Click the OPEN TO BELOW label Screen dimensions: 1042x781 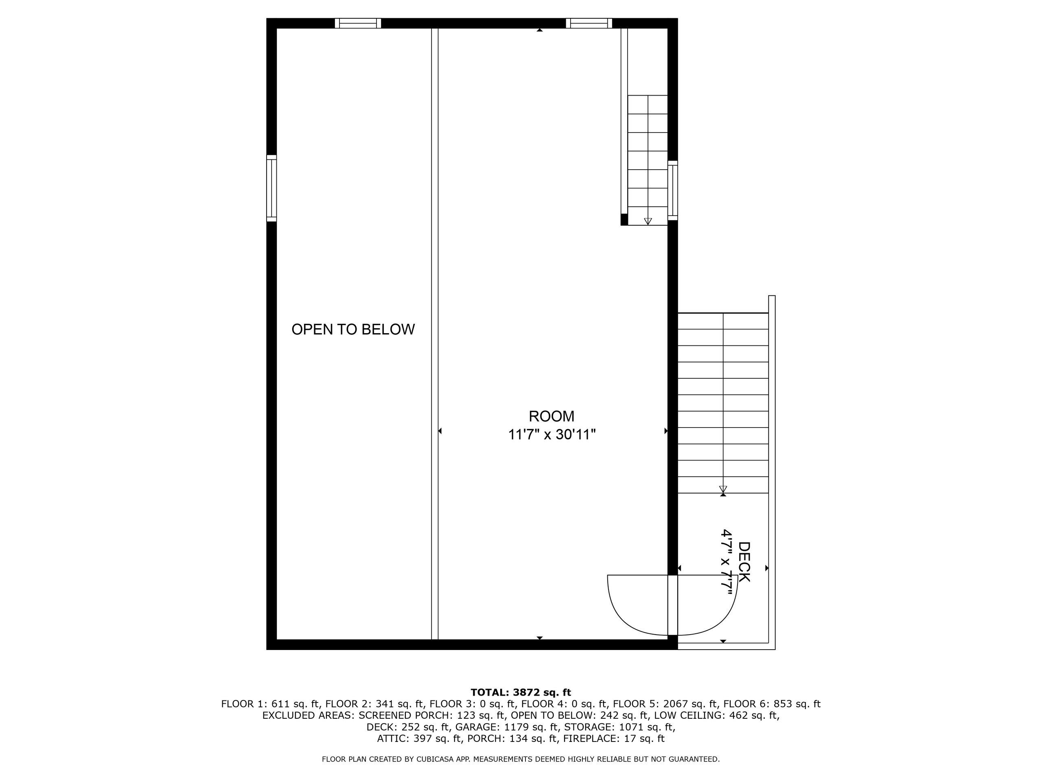[x=353, y=329]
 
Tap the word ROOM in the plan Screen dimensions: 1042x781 [x=552, y=416]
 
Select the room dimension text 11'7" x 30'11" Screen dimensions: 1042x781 [x=552, y=434]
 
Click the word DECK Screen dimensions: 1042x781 [x=744, y=562]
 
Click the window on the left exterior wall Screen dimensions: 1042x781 [x=271, y=188]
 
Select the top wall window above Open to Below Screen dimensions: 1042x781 [x=358, y=23]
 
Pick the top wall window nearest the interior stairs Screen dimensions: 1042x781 [x=589, y=23]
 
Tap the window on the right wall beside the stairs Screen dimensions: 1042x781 [x=673, y=190]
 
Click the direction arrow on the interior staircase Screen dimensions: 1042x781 [x=648, y=221]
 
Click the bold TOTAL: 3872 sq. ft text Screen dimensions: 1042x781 [x=521, y=692]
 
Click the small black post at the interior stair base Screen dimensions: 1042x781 [x=624, y=219]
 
